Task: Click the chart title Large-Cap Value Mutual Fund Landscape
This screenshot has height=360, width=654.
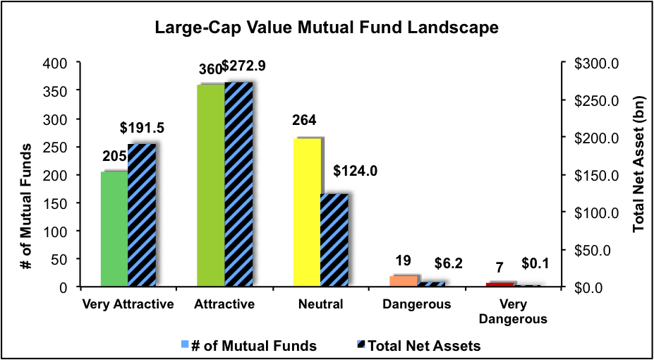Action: pos(327,28)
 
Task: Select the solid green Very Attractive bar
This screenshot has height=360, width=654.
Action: pos(114,229)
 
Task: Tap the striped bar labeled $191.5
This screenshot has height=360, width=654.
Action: pos(141,215)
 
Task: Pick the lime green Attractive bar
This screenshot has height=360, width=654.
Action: pos(212,186)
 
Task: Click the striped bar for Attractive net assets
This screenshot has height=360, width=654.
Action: pos(238,185)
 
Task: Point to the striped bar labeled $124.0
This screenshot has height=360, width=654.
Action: pos(334,240)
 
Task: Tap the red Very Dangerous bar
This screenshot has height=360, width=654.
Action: pos(500,284)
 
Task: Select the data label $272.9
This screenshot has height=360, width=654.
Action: pos(244,66)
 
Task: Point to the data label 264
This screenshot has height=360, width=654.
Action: pos(303,121)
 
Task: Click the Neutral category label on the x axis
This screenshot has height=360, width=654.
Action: pos(320,305)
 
